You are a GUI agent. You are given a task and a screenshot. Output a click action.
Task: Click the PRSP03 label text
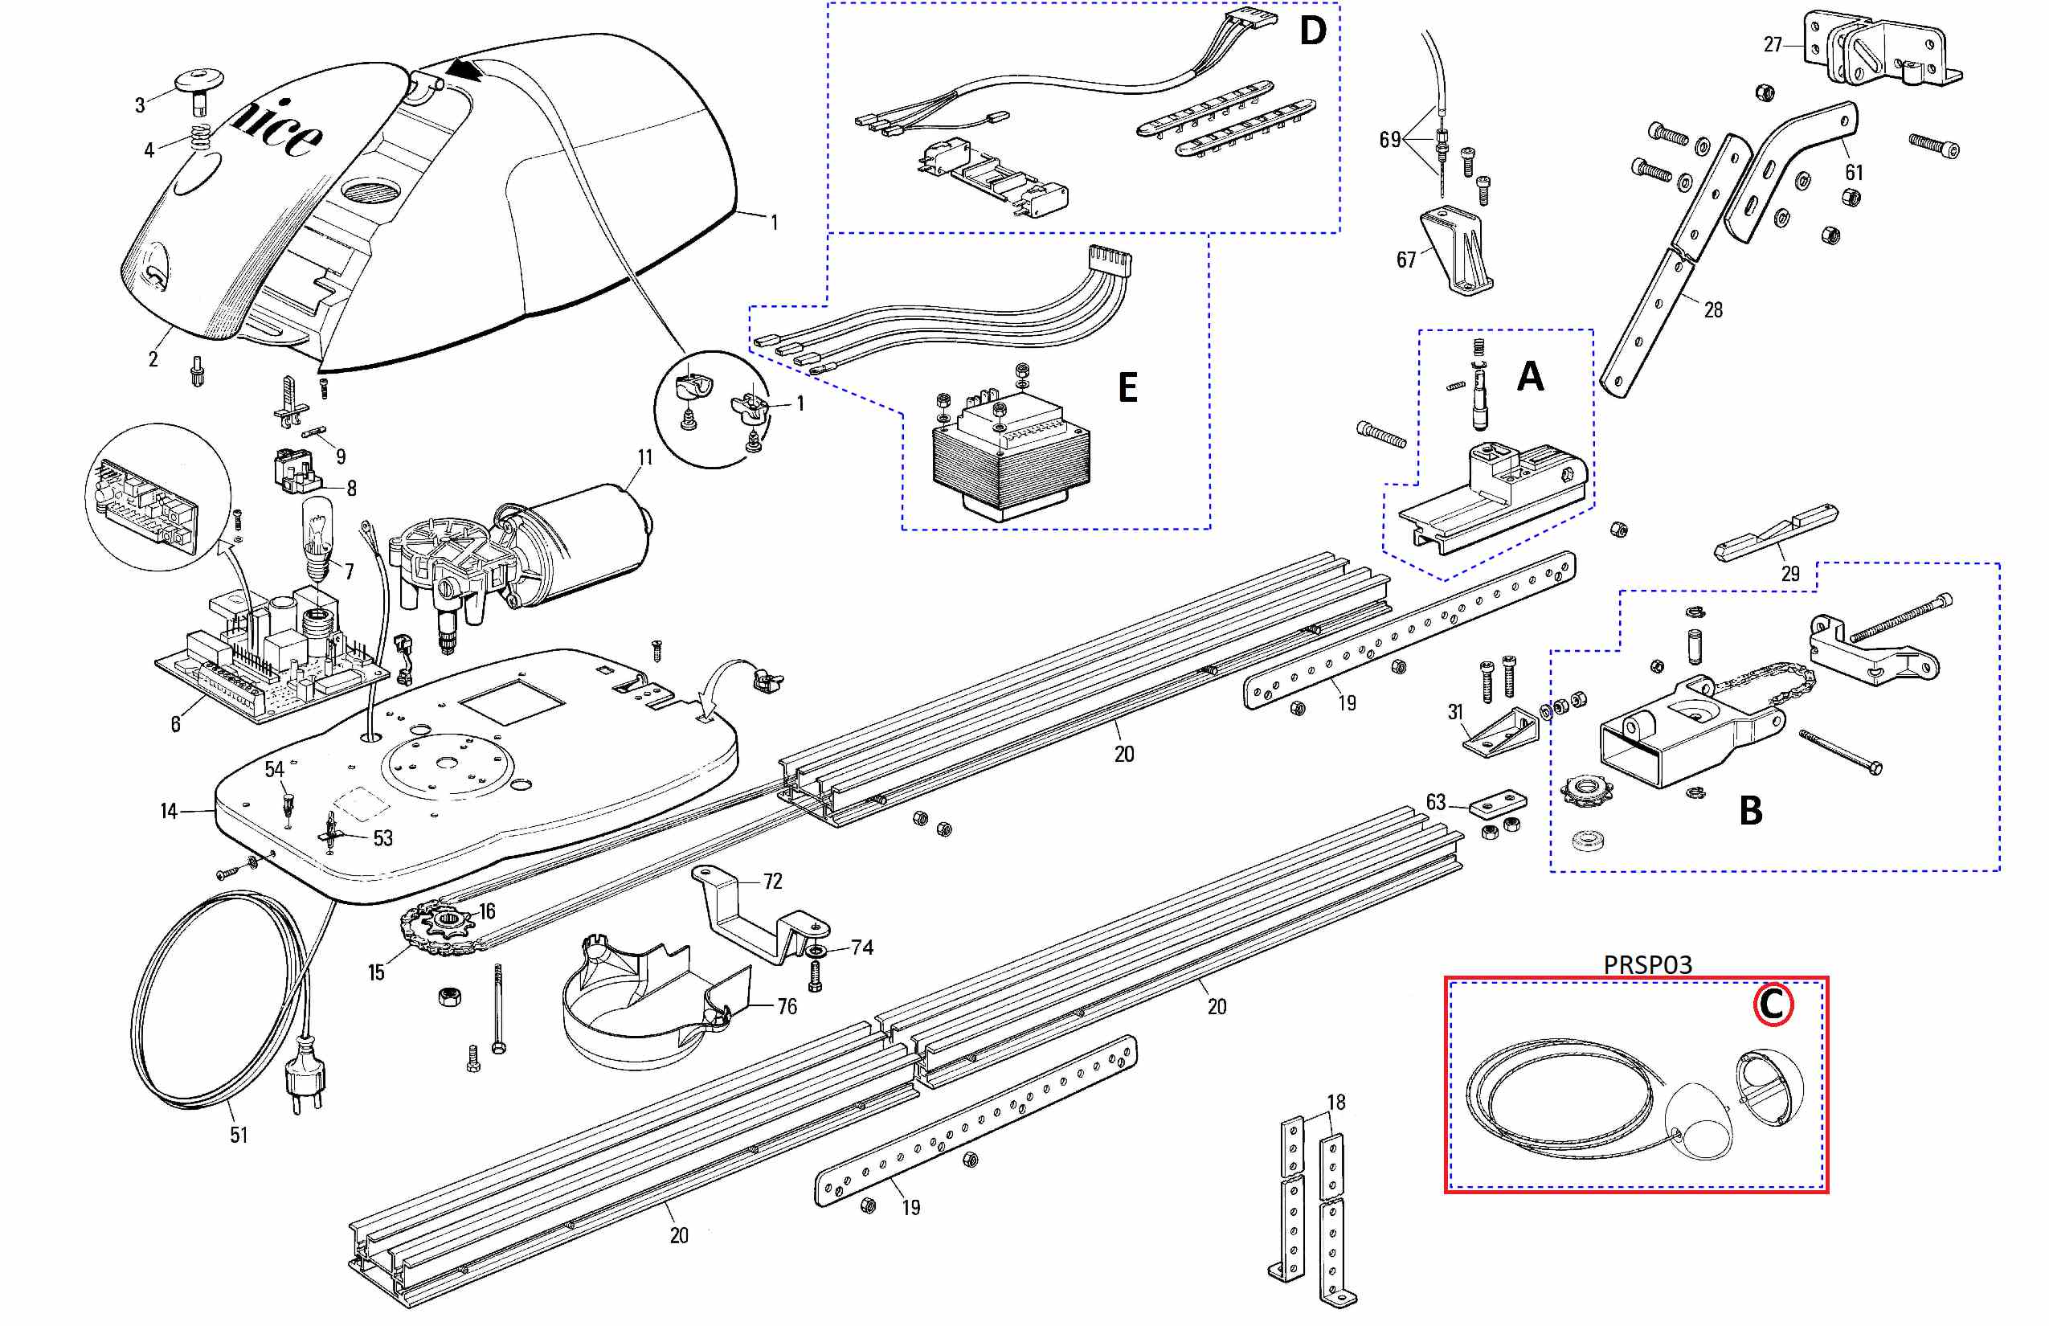(x=1647, y=964)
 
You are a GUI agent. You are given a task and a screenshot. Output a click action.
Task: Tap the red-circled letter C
(x=1773, y=1005)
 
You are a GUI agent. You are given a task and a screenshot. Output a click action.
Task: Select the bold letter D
(x=1312, y=32)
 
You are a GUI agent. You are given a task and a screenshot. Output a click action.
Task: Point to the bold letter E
(x=1127, y=387)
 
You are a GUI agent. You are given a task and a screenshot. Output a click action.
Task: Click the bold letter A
(x=1530, y=376)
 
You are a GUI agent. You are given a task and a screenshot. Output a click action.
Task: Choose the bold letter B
(x=1750, y=810)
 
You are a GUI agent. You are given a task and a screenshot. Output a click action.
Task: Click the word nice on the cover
(x=277, y=129)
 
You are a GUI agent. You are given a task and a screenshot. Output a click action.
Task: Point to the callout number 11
(x=644, y=457)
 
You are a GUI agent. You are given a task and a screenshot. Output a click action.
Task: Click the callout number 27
(x=1773, y=45)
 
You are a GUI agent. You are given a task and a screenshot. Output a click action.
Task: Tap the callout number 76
(x=787, y=1006)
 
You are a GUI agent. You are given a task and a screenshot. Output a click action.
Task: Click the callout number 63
(x=1435, y=803)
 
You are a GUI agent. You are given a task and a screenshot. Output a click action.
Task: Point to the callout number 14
(x=169, y=811)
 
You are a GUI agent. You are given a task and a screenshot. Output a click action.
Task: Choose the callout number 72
(x=772, y=882)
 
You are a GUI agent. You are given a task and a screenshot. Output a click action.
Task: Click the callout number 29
(x=1790, y=574)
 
